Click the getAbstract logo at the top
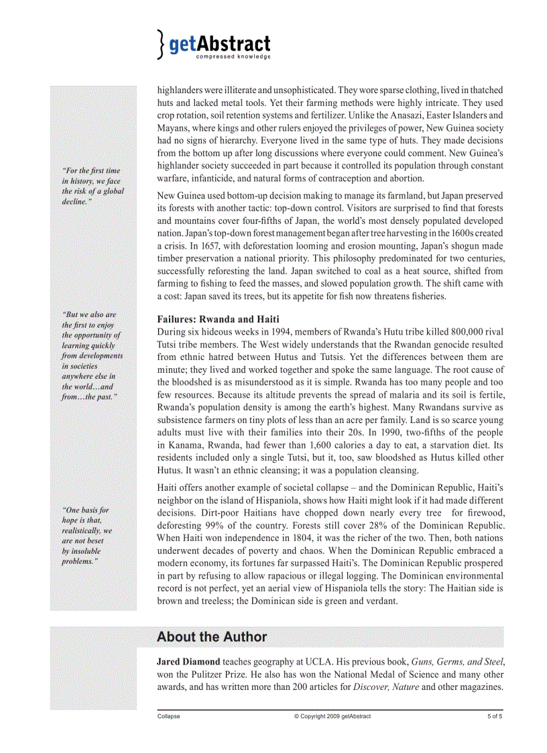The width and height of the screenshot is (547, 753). point(215,44)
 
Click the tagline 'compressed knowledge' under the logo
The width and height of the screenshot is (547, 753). point(233,58)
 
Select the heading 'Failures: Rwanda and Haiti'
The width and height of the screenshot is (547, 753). point(218,319)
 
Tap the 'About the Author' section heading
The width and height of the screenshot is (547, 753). point(212,637)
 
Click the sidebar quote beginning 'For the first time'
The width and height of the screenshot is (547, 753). point(93,186)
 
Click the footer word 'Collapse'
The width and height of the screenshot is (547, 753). point(168,716)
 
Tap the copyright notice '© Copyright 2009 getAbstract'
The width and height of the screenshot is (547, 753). point(332,716)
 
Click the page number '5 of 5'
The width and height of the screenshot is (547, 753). point(495,716)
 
